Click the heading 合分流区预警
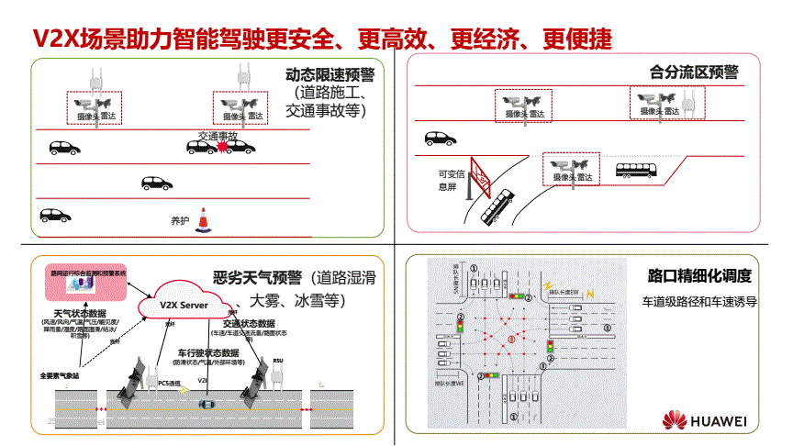[693, 71]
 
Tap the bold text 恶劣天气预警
[257, 278]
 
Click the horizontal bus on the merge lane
[633, 171]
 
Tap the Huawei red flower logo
[676, 421]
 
